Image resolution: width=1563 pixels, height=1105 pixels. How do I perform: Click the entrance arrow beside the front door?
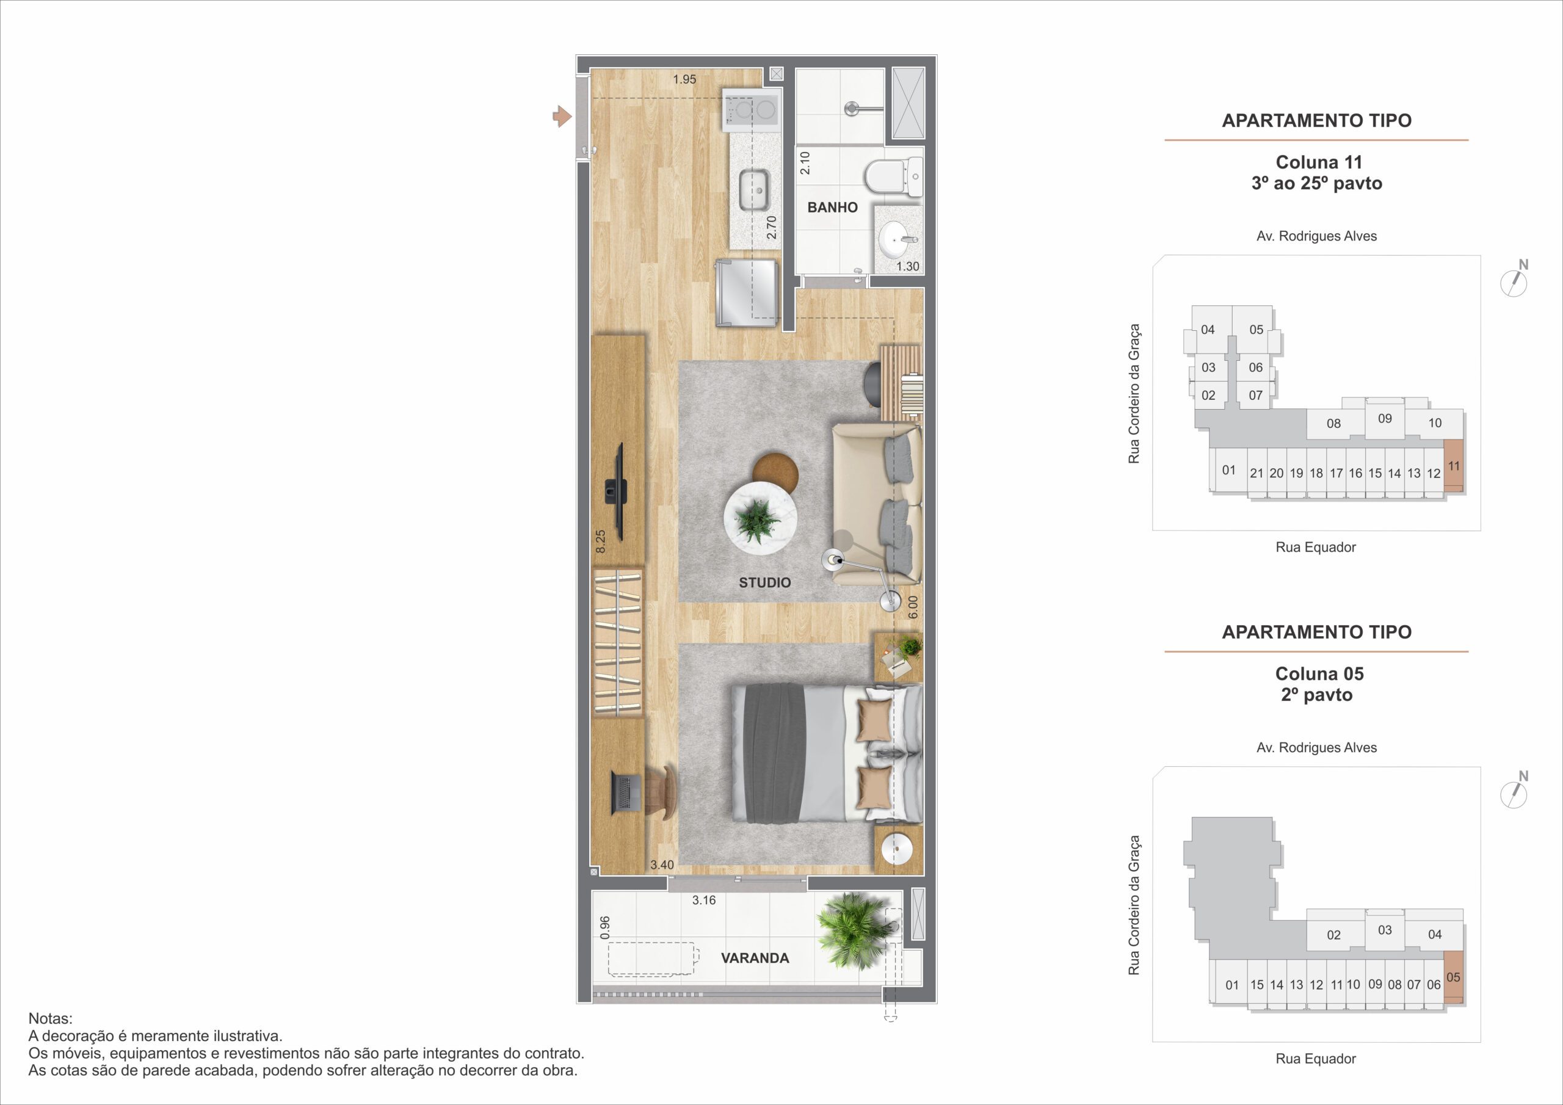coord(562,117)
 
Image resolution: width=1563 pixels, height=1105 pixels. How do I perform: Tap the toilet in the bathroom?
coord(893,176)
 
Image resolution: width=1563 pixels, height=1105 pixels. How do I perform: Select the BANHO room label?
coord(832,207)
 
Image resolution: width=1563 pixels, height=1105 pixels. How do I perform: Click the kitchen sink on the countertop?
coord(754,190)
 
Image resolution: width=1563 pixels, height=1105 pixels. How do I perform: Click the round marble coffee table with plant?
coord(760,518)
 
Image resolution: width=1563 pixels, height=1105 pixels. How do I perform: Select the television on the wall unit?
coord(141,491)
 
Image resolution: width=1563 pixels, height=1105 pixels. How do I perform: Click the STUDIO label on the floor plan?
coord(764,582)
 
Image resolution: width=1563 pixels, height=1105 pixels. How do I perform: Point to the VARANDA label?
coord(755,958)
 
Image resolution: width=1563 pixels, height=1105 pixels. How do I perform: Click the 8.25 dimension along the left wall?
coord(600,542)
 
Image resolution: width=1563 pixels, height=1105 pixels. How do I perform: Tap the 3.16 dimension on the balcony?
coord(704,900)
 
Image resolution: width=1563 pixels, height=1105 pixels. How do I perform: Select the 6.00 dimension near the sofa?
coord(913,607)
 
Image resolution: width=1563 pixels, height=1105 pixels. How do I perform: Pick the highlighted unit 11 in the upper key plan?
coord(1453,466)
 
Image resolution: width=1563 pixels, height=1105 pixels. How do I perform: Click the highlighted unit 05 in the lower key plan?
coord(1453,977)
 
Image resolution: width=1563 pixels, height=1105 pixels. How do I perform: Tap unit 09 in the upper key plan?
coord(1385,419)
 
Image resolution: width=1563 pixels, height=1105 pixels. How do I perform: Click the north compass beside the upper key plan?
coord(1514,280)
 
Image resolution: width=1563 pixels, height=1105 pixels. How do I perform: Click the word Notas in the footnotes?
coord(49,1018)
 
